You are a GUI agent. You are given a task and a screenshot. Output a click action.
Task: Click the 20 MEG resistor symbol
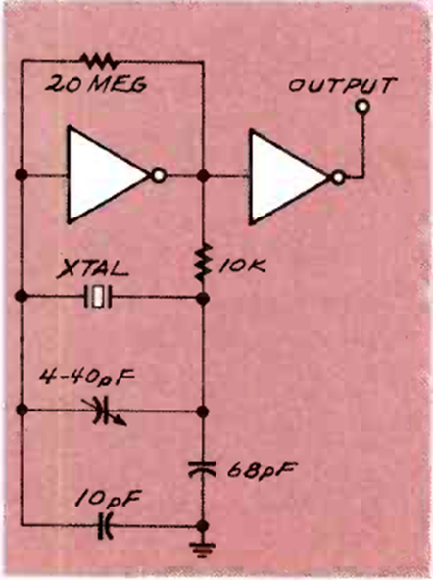click(x=99, y=61)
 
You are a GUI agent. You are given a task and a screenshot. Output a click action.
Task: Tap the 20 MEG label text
click(x=96, y=84)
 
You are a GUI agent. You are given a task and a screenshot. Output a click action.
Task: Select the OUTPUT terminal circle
click(x=362, y=107)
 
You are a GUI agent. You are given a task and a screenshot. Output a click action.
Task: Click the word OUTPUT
click(x=343, y=85)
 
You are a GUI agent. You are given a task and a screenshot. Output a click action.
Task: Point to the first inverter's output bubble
click(x=159, y=175)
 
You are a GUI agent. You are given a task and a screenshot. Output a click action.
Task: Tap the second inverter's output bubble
click(x=338, y=178)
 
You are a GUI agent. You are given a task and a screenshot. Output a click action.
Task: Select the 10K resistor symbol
click(x=202, y=263)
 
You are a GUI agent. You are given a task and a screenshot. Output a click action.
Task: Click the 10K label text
click(x=241, y=265)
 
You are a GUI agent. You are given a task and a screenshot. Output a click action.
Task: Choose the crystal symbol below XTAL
click(x=98, y=296)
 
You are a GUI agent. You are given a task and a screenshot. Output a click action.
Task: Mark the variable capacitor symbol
click(x=105, y=411)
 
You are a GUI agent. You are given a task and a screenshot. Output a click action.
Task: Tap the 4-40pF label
click(x=87, y=377)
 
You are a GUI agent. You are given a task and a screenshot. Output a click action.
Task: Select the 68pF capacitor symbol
click(x=202, y=468)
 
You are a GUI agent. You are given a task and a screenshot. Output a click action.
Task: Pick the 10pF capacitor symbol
click(x=105, y=525)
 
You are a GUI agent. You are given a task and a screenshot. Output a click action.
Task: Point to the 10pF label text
click(x=108, y=499)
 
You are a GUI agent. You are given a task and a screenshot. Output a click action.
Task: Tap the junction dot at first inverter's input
click(x=22, y=174)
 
